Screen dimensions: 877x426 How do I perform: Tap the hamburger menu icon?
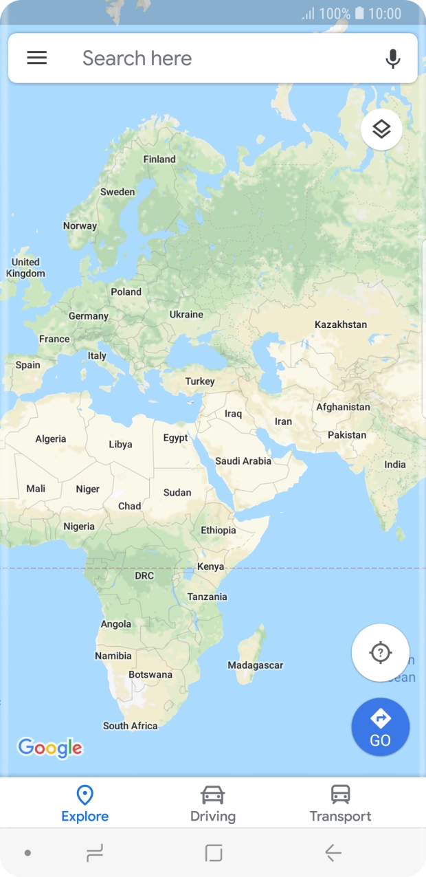point(37,58)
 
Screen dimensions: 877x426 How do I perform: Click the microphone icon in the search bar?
point(393,58)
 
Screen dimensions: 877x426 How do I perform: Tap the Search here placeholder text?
point(137,58)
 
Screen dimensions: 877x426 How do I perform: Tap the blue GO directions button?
point(380,727)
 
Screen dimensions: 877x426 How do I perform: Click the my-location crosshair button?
point(380,652)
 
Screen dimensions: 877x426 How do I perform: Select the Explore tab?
point(85,804)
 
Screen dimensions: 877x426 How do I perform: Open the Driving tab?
point(213,804)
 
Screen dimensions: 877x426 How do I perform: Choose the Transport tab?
point(340,804)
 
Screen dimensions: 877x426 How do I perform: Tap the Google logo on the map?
point(50,747)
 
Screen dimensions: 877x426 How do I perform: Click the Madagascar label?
point(255,665)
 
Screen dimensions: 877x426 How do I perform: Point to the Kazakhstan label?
point(341,324)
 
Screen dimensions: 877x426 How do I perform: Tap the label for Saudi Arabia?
point(243,461)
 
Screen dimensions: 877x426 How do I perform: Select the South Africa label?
point(131,726)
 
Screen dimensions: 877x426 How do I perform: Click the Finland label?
point(159,159)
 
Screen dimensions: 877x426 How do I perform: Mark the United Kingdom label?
point(25,268)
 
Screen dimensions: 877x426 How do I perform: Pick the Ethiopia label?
point(218,531)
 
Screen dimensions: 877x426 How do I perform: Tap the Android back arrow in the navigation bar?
point(333,853)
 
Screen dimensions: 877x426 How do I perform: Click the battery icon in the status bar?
point(359,14)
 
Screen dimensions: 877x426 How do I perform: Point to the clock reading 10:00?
point(385,14)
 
